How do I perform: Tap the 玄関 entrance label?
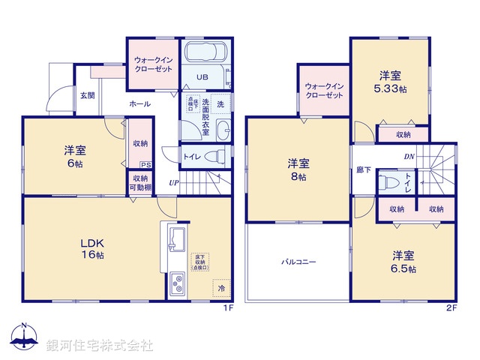(x=88, y=95)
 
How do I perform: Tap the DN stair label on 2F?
(x=409, y=157)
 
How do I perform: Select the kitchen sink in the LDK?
(x=176, y=242)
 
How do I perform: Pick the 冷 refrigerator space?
(x=221, y=286)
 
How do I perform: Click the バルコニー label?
(x=298, y=262)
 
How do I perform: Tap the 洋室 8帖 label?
(x=298, y=169)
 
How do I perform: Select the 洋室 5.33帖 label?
(x=391, y=81)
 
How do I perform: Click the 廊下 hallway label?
(x=364, y=170)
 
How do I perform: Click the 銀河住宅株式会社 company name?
(x=100, y=346)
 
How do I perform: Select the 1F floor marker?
(x=226, y=307)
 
